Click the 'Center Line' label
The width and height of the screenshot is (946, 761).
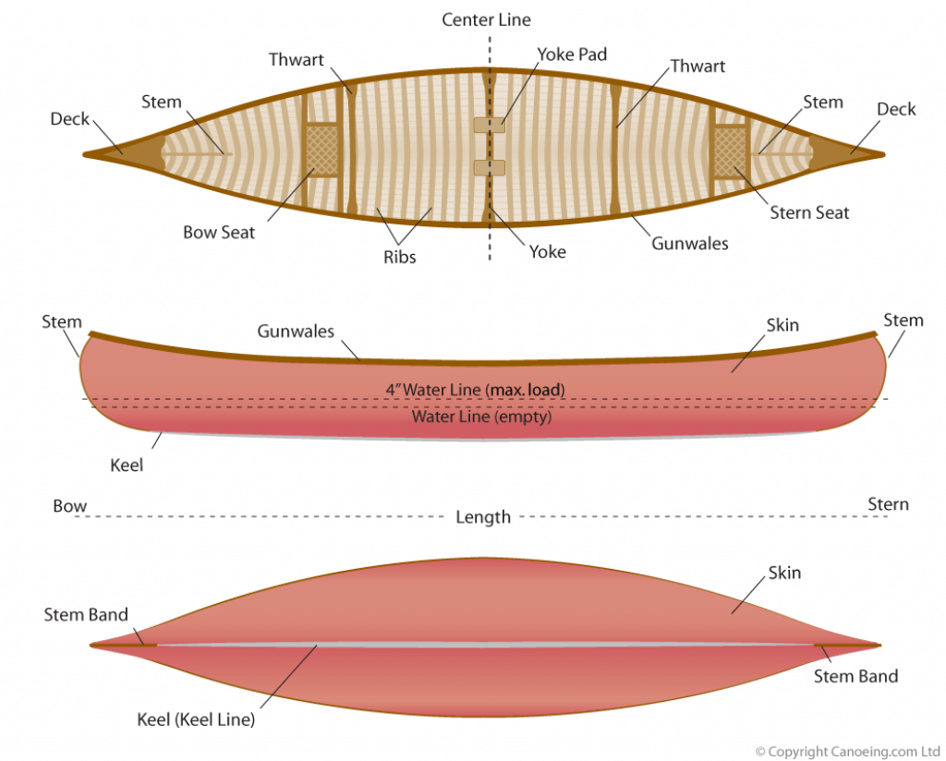tap(486, 20)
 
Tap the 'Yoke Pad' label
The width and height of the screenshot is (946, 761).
tap(572, 54)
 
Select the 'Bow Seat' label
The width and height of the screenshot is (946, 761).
tap(219, 232)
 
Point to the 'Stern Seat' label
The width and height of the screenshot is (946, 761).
tap(809, 212)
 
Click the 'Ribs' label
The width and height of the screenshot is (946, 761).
tap(400, 257)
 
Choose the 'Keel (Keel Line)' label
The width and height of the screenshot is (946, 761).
tap(196, 719)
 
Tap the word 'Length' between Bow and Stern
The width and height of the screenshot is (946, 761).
tap(483, 517)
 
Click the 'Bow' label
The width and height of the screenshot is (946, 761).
tap(70, 506)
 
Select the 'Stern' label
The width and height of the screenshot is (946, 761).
tap(888, 504)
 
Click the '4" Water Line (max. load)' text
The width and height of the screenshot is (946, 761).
tap(476, 390)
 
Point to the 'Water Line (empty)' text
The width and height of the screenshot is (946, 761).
tap(481, 417)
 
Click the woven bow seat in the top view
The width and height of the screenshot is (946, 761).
tap(322, 150)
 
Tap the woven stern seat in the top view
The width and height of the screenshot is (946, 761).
tap(731, 151)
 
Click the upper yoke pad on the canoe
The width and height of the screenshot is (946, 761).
tap(490, 125)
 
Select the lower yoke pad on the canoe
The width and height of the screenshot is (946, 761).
tap(490, 167)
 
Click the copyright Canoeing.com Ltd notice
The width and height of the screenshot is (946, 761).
tap(848, 752)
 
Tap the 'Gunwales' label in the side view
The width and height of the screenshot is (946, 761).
tap(296, 331)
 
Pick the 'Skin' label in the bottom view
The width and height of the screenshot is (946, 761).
tap(784, 573)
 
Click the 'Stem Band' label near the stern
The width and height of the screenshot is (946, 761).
tap(855, 676)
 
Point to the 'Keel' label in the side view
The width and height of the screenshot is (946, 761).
tap(127, 465)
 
